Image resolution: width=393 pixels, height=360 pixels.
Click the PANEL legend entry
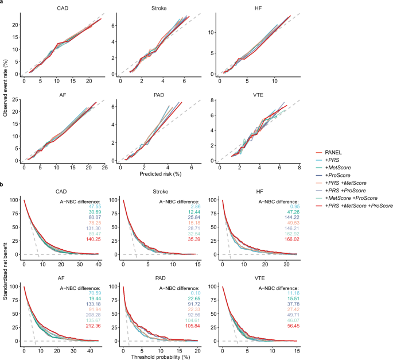[340, 151]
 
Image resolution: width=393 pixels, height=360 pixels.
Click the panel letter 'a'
[3, 3]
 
